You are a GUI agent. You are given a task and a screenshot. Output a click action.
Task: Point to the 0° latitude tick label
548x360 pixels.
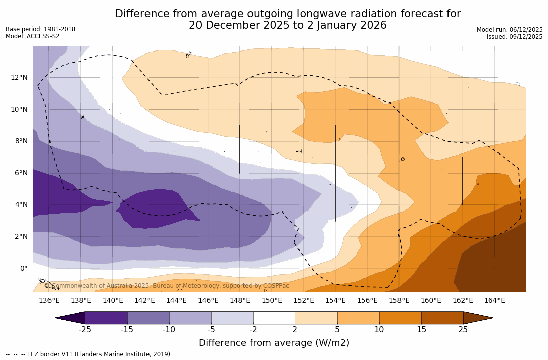pyautogui.click(x=23, y=268)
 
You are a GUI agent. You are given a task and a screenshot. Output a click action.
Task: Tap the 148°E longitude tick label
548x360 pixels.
pyautogui.click(x=240, y=300)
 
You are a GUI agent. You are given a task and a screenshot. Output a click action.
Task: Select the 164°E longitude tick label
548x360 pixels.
pyautogui.click(x=494, y=300)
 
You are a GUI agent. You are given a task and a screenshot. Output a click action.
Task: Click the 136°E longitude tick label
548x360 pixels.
pyautogui.click(x=49, y=300)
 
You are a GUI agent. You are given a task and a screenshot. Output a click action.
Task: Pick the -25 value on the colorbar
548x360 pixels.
pyautogui.click(x=85, y=330)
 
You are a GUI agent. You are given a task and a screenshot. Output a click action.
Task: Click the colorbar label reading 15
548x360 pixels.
pyautogui.click(x=421, y=330)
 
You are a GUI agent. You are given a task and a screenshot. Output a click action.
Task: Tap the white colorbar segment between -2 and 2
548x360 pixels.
pyautogui.click(x=274, y=318)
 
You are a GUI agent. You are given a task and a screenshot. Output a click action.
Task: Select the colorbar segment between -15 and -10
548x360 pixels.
pyautogui.click(x=148, y=318)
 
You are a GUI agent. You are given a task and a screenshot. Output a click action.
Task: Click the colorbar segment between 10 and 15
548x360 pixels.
pyautogui.click(x=400, y=318)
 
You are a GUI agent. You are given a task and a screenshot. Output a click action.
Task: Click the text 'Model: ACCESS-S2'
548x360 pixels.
pyautogui.click(x=32, y=36)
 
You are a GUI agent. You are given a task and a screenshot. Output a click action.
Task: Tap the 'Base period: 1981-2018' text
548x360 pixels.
pyautogui.click(x=40, y=29)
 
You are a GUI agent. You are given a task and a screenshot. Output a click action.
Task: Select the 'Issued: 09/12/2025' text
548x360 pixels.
pyautogui.click(x=515, y=37)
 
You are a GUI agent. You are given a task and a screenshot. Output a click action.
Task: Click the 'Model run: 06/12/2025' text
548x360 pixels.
pyautogui.click(x=510, y=30)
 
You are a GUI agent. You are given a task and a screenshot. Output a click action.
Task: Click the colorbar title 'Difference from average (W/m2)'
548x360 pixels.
pyautogui.click(x=274, y=343)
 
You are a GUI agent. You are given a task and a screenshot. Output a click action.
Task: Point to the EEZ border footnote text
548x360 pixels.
pyautogui.click(x=89, y=354)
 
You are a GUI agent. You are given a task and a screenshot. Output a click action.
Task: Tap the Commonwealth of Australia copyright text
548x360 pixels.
pyautogui.click(x=167, y=286)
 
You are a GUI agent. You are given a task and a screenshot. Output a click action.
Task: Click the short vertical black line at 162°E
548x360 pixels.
pyautogui.click(x=462, y=181)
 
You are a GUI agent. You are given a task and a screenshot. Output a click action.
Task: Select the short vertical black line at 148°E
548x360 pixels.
pyautogui.click(x=240, y=149)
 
